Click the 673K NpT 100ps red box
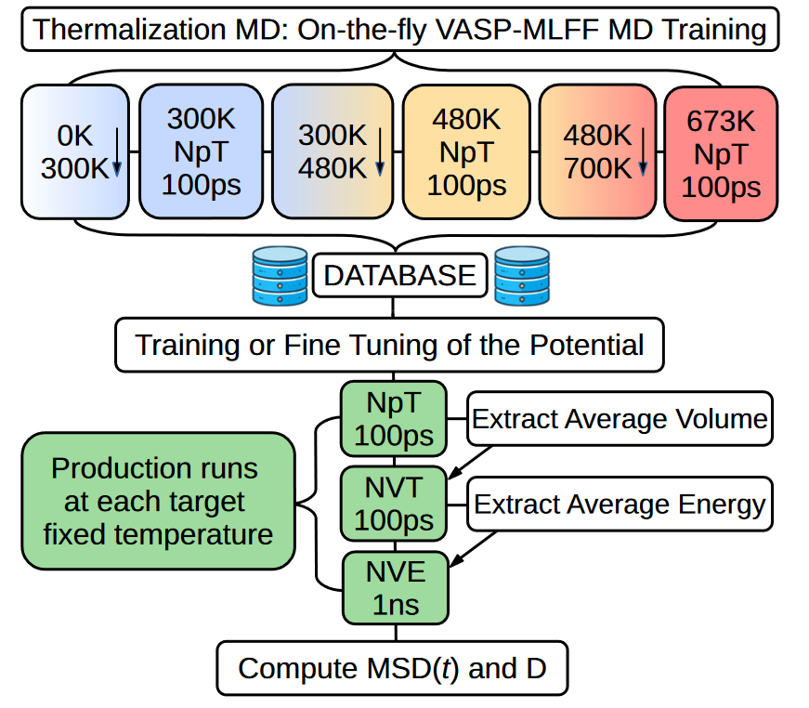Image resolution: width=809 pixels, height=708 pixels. click(x=721, y=154)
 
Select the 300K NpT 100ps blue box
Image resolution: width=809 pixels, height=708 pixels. click(x=202, y=151)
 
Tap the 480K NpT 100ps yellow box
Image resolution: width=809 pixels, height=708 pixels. click(x=466, y=152)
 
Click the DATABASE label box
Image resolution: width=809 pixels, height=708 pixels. click(x=400, y=275)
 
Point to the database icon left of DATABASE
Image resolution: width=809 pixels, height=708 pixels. click(x=280, y=276)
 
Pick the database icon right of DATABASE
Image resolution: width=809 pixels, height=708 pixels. click(x=522, y=276)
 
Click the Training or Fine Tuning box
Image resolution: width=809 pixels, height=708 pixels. click(x=389, y=345)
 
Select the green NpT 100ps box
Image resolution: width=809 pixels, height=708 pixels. click(x=394, y=419)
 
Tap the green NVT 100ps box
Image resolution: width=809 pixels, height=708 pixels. click(x=394, y=504)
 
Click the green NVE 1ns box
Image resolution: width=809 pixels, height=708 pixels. click(x=396, y=588)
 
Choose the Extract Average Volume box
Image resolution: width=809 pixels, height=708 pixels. click(x=620, y=418)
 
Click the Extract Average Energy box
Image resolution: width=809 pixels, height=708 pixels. click(x=620, y=505)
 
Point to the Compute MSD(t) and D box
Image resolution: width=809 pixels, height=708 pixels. click(x=392, y=668)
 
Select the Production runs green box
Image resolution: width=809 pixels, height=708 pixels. click(x=159, y=501)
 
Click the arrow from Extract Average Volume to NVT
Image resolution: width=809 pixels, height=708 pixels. click(x=470, y=463)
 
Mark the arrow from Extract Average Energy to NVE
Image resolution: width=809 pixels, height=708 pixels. click(x=473, y=549)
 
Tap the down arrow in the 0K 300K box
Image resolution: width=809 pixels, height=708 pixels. click(x=117, y=152)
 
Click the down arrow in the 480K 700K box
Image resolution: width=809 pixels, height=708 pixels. click(x=643, y=152)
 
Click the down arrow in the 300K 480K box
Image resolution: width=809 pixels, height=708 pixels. click(x=380, y=152)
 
